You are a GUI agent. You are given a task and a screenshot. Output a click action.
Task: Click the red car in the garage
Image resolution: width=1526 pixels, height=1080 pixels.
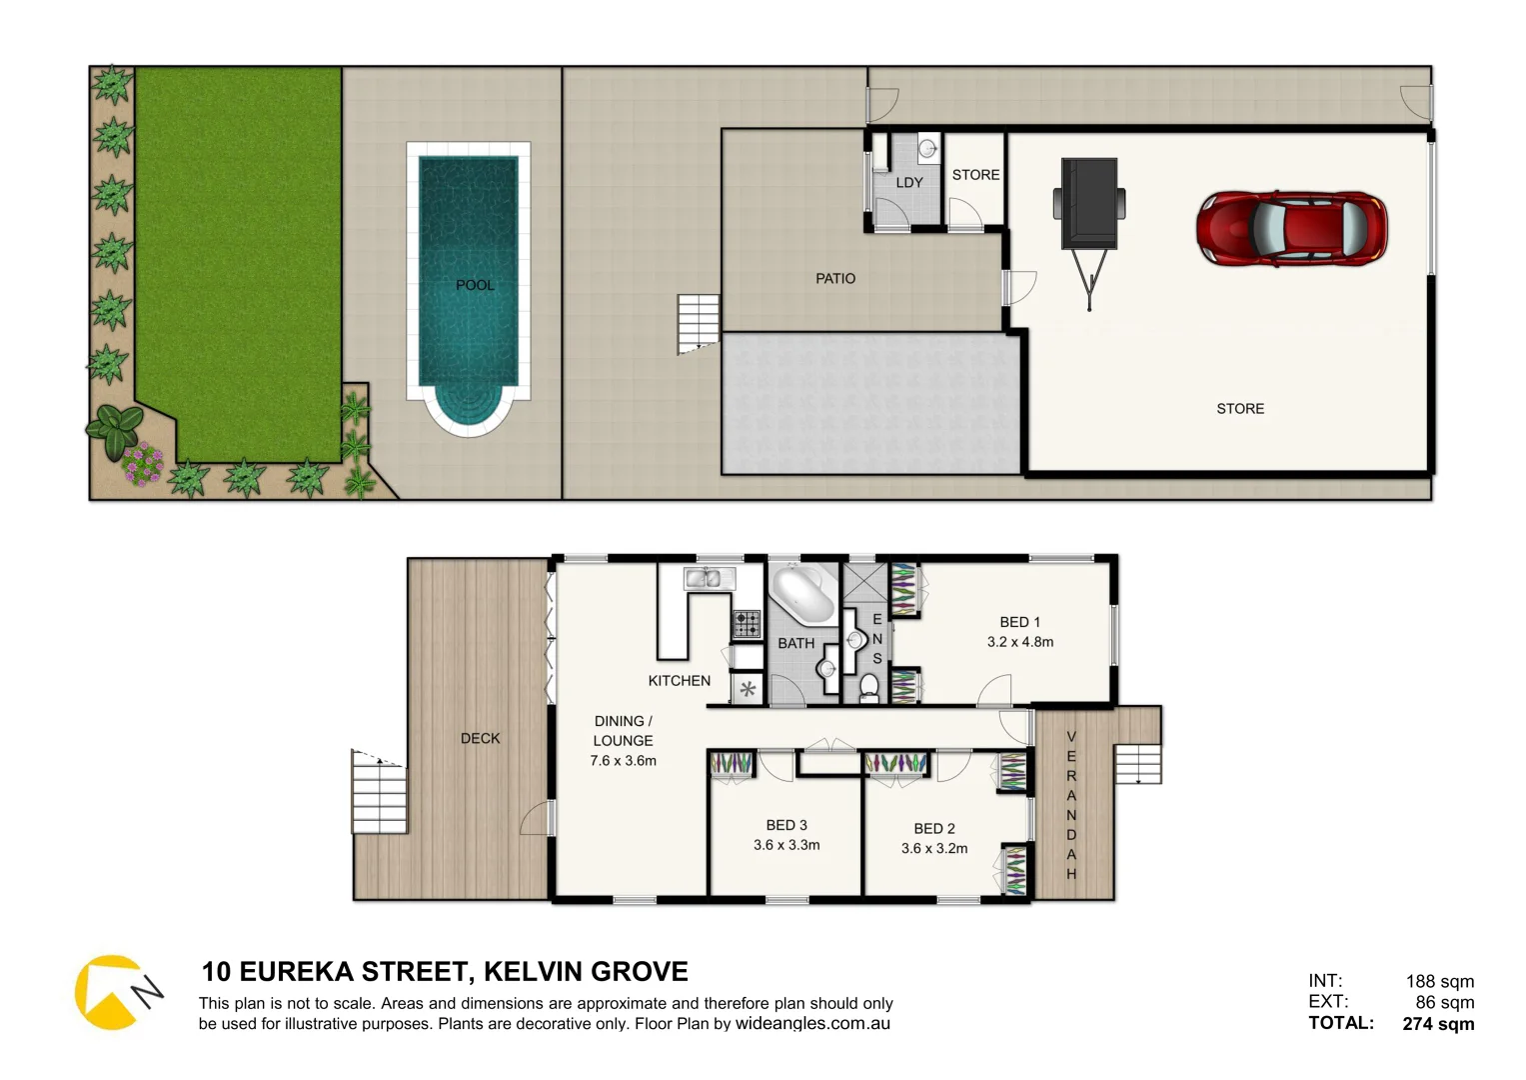click(1291, 229)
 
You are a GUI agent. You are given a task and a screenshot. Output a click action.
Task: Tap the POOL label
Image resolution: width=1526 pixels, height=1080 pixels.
click(475, 285)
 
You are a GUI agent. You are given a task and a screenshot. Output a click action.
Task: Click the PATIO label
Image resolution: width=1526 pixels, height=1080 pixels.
click(835, 278)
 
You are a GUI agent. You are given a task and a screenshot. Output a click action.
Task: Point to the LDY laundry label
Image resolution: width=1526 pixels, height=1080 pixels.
click(909, 182)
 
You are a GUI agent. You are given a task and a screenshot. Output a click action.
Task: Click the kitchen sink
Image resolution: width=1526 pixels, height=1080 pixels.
click(709, 577)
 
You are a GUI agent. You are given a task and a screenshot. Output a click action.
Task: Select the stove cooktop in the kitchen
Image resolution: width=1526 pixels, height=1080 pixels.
click(747, 624)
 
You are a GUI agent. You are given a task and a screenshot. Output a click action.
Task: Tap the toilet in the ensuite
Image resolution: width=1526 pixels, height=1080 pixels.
click(869, 687)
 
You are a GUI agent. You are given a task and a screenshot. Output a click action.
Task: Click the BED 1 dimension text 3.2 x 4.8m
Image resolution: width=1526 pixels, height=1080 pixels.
click(1020, 642)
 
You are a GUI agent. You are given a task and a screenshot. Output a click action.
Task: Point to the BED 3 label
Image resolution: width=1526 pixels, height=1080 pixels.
click(786, 825)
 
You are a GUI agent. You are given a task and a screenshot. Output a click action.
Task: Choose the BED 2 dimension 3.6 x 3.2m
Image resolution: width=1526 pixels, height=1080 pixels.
click(934, 848)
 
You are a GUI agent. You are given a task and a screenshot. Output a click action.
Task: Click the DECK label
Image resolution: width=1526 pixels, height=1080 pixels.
click(480, 738)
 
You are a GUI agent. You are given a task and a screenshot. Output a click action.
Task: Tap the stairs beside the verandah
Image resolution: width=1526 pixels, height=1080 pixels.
click(1138, 764)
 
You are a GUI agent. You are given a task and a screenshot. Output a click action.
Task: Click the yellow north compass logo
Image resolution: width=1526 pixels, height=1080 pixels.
click(111, 992)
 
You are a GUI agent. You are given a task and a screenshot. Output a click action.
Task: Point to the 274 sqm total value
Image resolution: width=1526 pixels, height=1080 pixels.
click(1438, 1023)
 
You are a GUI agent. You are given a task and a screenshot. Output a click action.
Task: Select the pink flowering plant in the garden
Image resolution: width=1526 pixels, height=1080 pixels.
click(143, 463)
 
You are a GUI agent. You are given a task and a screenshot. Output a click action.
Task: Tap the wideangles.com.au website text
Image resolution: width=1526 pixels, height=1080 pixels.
click(812, 1023)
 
